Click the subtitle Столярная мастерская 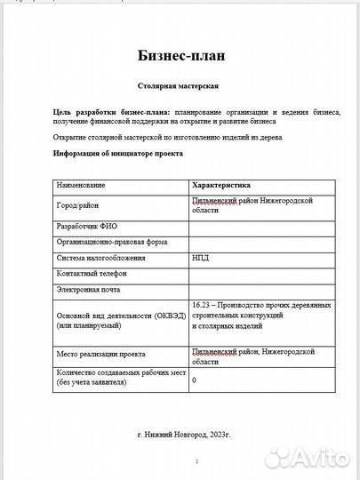tap(180, 87)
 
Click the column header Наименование tap(81, 185)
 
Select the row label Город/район tap(78, 205)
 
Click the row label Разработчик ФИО tap(87, 226)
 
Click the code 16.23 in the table tap(202, 305)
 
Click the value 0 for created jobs tap(195, 380)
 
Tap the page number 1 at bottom tap(196, 460)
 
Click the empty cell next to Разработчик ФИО tap(261, 226)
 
